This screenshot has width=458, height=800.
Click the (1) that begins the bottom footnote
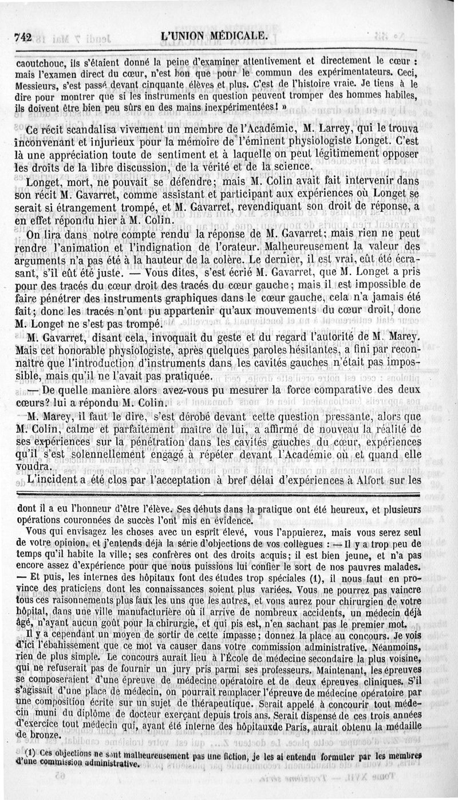coord(30,752)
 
